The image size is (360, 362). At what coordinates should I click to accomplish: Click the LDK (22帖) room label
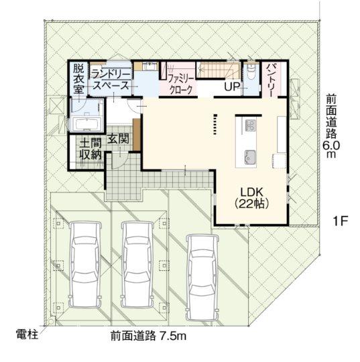251,198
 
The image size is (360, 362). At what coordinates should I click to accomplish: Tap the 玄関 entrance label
118,139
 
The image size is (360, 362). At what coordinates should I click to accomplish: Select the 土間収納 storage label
91,149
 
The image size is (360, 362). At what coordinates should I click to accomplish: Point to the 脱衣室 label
78,78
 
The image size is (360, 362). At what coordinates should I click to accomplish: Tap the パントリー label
271,80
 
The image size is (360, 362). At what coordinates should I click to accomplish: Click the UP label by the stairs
231,86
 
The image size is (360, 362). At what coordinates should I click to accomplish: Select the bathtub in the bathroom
86,124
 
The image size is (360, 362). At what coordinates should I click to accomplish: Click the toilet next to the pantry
250,71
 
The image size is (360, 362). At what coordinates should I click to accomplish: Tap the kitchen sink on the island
250,157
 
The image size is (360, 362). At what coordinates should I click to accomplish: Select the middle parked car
138,264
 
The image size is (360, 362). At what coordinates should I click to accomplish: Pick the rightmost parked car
202,278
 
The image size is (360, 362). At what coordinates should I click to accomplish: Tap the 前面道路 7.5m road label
148,336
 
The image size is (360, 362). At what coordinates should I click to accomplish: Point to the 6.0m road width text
331,149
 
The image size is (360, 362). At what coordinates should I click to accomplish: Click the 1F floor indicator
341,221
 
